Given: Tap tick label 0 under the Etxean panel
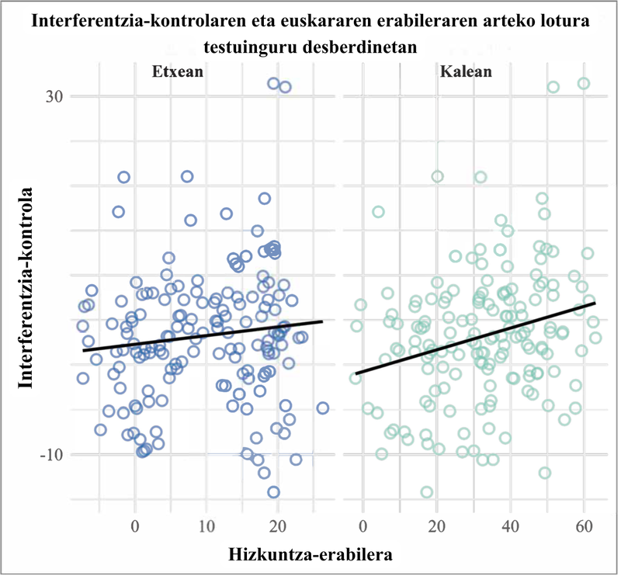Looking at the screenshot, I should click(134, 526).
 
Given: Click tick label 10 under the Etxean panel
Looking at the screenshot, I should click(206, 526).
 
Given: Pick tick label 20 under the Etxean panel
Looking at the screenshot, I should click(278, 526).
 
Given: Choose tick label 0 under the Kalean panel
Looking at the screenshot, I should click(363, 526).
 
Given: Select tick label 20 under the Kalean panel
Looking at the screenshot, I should click(436, 526).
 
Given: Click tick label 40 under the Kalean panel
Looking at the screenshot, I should click(510, 526).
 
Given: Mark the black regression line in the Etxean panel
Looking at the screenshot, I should click(202, 335).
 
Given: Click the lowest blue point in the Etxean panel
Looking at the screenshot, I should click(273, 491).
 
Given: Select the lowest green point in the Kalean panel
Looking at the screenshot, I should click(426, 491).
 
